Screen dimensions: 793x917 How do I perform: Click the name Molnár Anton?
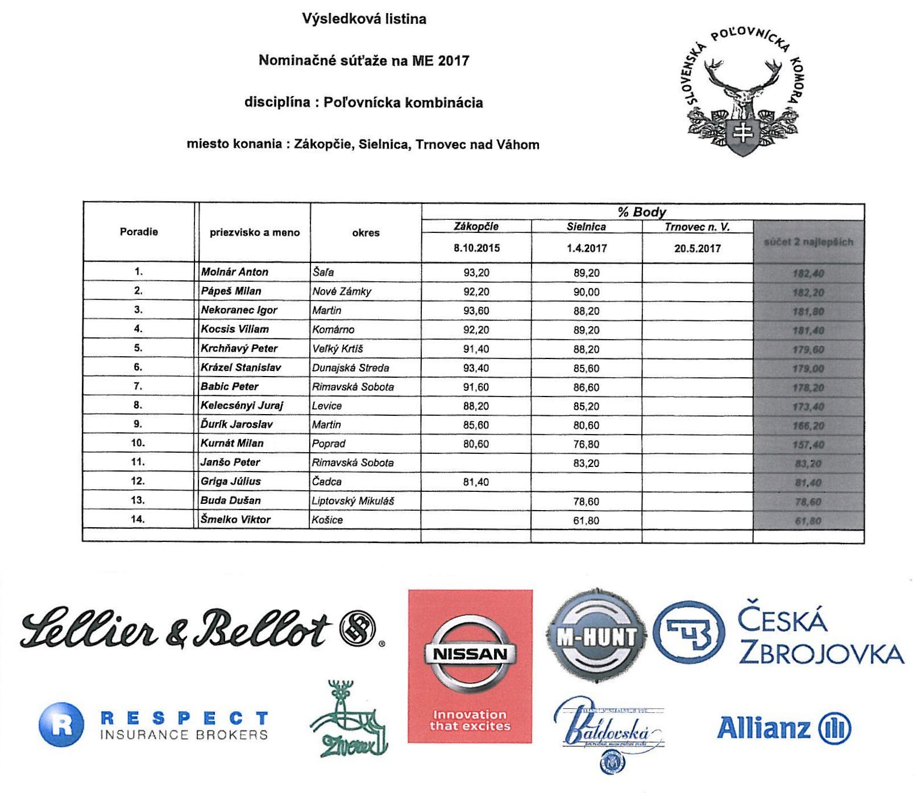pyautogui.click(x=234, y=272)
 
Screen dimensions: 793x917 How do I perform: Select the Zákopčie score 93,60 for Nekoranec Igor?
pyautogui.click(x=476, y=311)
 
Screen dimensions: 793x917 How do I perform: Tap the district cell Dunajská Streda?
pyautogui.click(x=350, y=368)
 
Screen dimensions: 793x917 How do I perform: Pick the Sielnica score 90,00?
pyautogui.click(x=586, y=292)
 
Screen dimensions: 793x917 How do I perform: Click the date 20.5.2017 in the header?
pyautogui.click(x=697, y=249)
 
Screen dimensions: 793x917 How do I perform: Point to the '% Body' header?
pyautogui.click(x=642, y=212)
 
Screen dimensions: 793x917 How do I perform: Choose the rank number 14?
pyautogui.click(x=138, y=519)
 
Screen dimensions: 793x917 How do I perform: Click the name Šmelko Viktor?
pyautogui.click(x=235, y=519)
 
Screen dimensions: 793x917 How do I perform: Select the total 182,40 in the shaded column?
pyautogui.click(x=808, y=274)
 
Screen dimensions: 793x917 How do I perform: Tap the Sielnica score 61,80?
pyautogui.click(x=586, y=520)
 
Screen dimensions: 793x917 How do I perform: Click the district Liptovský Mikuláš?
pyautogui.click(x=352, y=501)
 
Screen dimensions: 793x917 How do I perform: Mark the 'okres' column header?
pyautogui.click(x=366, y=233)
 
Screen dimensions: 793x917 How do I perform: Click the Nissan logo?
pyautogui.click(x=470, y=654)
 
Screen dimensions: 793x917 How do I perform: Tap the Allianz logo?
pyautogui.click(x=783, y=728)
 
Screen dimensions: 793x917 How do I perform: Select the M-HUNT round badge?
pyautogui.click(x=596, y=636)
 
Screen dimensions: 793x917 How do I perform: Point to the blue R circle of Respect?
pyautogui.click(x=61, y=725)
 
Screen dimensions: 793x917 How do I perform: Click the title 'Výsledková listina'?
pyautogui.click(x=364, y=19)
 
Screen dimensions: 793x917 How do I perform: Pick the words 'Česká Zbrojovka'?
pyautogui.click(x=820, y=637)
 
